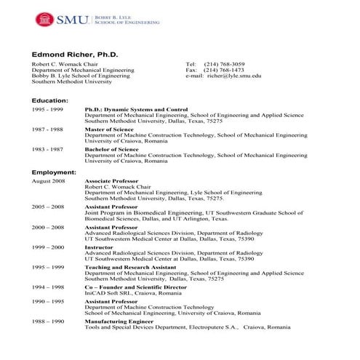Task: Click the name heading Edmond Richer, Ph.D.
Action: click(75, 55)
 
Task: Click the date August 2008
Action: click(48, 180)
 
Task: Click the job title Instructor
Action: click(100, 248)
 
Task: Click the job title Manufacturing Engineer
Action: click(119, 321)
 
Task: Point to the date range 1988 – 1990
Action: click(48, 321)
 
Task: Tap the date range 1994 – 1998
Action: click(48, 288)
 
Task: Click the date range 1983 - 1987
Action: click(47, 149)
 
